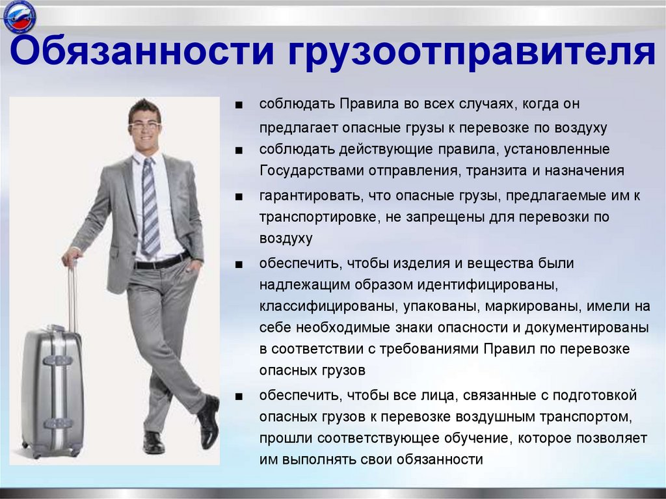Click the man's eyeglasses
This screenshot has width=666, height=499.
[144, 124]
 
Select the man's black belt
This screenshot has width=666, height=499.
[162, 262]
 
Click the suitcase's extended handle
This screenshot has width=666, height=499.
[72, 293]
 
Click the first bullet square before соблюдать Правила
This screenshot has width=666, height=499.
[240, 105]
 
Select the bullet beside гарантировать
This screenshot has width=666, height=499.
[240, 196]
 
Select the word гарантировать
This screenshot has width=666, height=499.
[310, 195]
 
